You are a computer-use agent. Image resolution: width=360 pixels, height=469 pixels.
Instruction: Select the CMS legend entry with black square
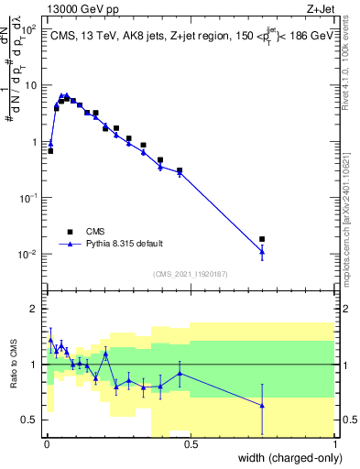tap(96, 231)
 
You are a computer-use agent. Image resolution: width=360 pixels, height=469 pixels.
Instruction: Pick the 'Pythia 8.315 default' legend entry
tap(123, 244)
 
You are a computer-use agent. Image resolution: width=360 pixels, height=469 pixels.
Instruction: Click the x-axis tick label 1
tap(336, 446)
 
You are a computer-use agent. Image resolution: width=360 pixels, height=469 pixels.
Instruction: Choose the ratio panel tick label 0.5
tap(29, 420)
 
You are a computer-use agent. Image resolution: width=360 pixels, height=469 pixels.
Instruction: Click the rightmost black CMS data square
tap(263, 239)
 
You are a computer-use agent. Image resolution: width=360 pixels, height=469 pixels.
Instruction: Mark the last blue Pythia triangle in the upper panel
tap(263, 251)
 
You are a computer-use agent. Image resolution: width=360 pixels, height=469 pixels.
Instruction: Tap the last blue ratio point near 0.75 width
tap(263, 405)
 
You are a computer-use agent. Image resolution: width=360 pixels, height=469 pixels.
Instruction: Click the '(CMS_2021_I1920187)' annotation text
tap(190, 273)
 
